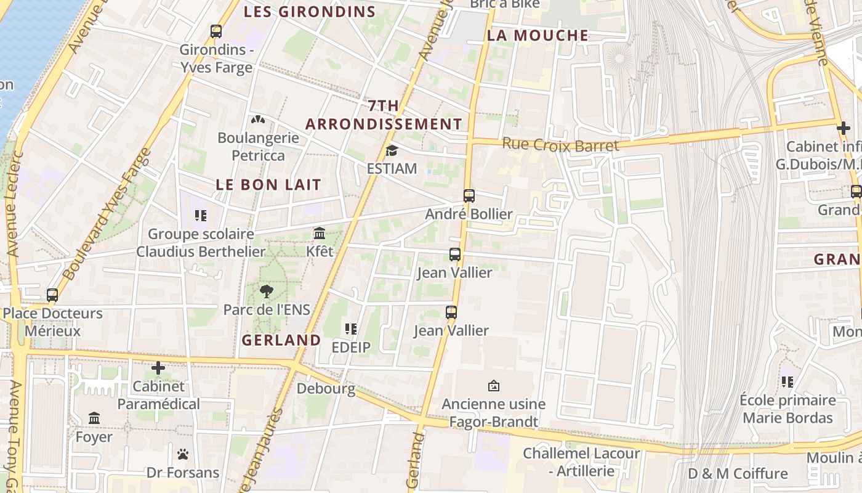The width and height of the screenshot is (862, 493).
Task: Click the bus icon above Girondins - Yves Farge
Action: pyautogui.click(x=216, y=31)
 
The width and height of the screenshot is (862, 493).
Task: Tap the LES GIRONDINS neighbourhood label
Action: pyautogui.click(x=310, y=12)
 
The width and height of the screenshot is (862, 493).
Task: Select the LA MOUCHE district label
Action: pyautogui.click(x=538, y=36)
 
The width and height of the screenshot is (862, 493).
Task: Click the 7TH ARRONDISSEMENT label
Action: pyautogui.click(x=384, y=115)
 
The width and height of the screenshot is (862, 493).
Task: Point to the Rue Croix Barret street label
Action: pyautogui.click(x=560, y=145)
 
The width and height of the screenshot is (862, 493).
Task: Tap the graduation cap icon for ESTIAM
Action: pyautogui.click(x=392, y=151)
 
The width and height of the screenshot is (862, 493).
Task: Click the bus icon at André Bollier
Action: pyautogui.click(x=469, y=196)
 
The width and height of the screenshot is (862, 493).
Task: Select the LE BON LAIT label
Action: pyautogui.click(x=268, y=184)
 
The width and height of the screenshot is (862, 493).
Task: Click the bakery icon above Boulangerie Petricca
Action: pyautogui.click(x=257, y=120)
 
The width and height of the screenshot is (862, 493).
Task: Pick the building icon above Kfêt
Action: pyautogui.click(x=320, y=234)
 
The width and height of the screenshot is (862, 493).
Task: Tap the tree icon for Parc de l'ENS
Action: pyautogui.click(x=267, y=291)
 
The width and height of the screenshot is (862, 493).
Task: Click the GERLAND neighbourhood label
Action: pyautogui.click(x=281, y=340)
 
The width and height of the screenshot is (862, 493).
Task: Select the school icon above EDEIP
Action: pyautogui.click(x=351, y=329)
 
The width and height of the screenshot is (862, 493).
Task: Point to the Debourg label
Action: pyautogui.click(x=326, y=389)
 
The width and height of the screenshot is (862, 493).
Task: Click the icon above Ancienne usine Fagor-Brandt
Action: pyautogui.click(x=493, y=386)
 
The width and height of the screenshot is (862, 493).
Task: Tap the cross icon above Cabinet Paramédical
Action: pyautogui.click(x=158, y=368)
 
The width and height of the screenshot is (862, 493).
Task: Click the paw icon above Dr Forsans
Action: pyautogui.click(x=182, y=454)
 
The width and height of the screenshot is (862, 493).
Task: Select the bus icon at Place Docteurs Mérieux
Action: pyautogui.click(x=52, y=295)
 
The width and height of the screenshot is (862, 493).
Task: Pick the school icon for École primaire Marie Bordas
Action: pyautogui.click(x=787, y=382)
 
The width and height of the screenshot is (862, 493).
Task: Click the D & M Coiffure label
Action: pyautogui.click(x=738, y=474)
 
